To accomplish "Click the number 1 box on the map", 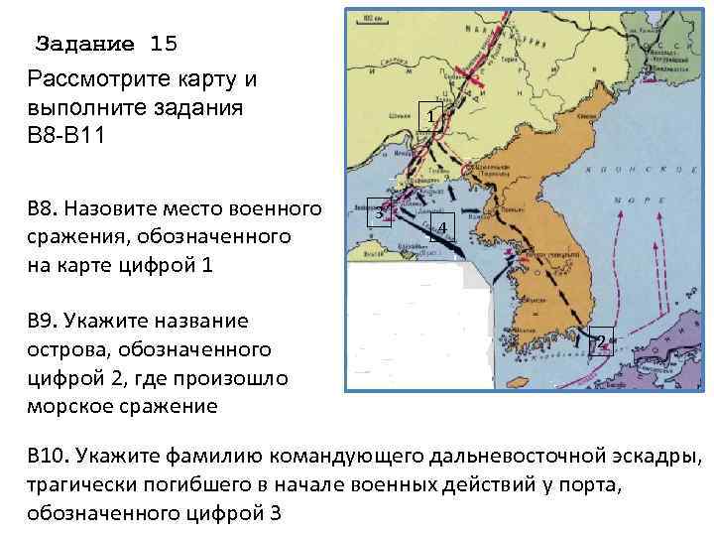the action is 429,116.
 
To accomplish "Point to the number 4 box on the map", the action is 442,230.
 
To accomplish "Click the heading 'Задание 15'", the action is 106,44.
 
